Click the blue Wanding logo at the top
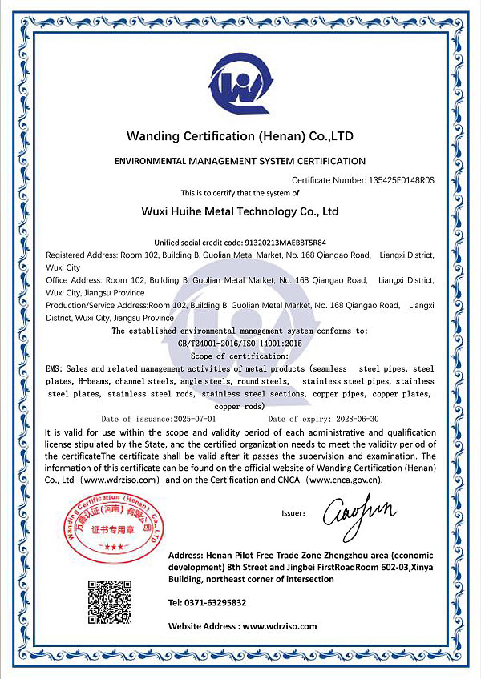coord(240,80)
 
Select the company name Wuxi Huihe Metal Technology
coord(240,212)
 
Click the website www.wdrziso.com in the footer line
coord(280,625)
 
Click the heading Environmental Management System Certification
coord(240,161)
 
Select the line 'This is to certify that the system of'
coord(240,193)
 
